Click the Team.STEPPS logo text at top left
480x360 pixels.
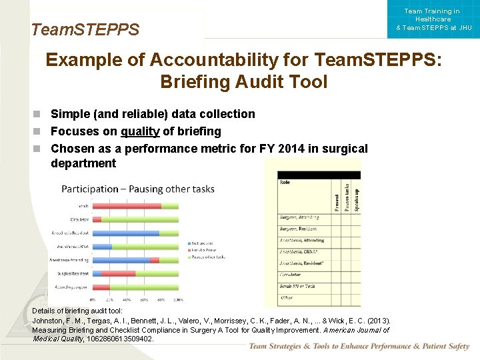(85, 29)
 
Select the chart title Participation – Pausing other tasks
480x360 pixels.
(138, 189)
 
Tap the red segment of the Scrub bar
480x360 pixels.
(127, 206)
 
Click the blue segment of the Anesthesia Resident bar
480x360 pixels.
(125, 233)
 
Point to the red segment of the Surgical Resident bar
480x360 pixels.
(119, 274)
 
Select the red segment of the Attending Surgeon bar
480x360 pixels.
(101, 287)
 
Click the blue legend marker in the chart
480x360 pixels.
(190, 243)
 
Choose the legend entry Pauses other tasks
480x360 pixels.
(210, 257)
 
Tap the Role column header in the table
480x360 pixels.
(285, 181)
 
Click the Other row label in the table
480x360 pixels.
(286, 297)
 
